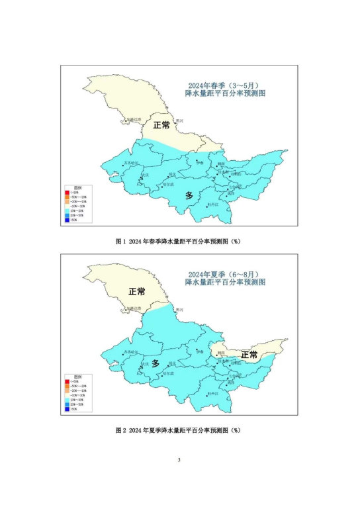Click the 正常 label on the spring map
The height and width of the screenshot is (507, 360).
[x=161, y=125]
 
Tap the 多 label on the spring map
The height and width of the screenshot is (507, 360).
[x=189, y=195]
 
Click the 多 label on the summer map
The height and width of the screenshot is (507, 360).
[x=156, y=363]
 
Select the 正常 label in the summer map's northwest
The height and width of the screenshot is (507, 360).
[x=136, y=292]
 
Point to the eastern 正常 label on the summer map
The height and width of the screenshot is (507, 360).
[x=249, y=355]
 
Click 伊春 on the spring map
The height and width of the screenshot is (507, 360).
[x=200, y=162]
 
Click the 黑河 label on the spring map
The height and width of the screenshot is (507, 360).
[x=179, y=120]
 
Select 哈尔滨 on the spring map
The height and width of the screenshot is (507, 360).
[x=168, y=185]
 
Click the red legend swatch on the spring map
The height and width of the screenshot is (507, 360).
[x=67, y=192]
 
